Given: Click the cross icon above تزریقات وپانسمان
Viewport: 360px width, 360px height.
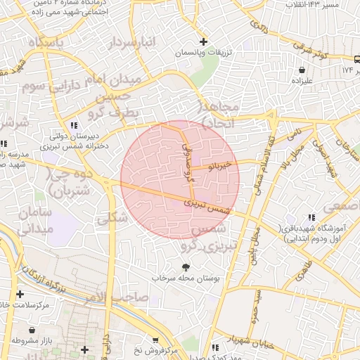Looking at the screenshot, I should (204, 41).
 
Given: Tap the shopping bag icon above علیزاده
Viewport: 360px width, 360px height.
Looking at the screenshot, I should (302, 70).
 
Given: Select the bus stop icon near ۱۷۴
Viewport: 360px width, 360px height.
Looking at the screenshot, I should (356, 59).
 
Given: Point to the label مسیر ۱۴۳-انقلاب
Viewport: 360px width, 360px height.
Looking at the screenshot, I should (331, 5).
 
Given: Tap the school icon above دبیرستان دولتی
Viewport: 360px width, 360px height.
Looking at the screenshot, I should (75, 125).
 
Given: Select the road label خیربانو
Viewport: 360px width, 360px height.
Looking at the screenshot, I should (218, 166).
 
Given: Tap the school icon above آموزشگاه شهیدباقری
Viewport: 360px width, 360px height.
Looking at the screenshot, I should (311, 219).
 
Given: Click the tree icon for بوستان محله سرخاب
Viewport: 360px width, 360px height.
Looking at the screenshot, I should (186, 267).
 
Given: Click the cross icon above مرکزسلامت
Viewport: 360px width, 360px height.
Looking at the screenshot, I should (20, 294).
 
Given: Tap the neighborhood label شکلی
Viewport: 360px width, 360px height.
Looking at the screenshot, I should (113, 218).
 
